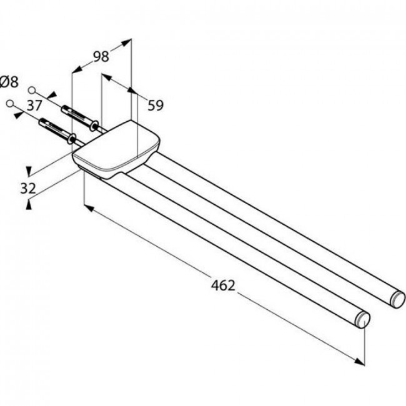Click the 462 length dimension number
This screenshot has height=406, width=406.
point(223,285)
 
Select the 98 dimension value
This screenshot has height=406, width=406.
point(101,56)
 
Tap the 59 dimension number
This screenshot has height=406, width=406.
point(156,105)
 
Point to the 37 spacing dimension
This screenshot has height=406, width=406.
point(34,106)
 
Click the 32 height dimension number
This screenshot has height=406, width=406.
point(28,188)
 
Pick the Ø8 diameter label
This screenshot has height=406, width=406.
point(9,82)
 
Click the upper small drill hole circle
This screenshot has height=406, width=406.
point(32,90)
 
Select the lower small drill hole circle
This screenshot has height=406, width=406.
point(10,104)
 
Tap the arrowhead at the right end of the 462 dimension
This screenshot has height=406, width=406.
point(360,362)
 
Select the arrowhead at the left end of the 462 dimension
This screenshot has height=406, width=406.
point(89,207)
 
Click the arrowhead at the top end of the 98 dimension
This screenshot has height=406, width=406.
point(126,42)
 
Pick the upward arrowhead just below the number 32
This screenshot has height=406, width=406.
point(29,205)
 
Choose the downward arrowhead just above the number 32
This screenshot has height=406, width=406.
point(29,171)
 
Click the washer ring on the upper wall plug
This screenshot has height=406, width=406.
point(94,126)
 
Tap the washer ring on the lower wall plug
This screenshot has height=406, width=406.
point(71,139)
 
